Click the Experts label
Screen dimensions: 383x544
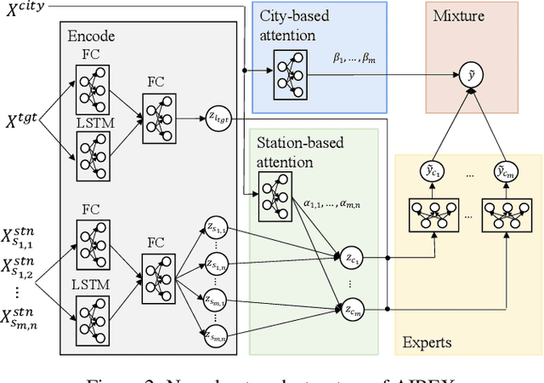coord(427,343)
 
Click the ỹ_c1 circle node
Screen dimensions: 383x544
coord(433,174)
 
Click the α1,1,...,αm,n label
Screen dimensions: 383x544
coord(332,205)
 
